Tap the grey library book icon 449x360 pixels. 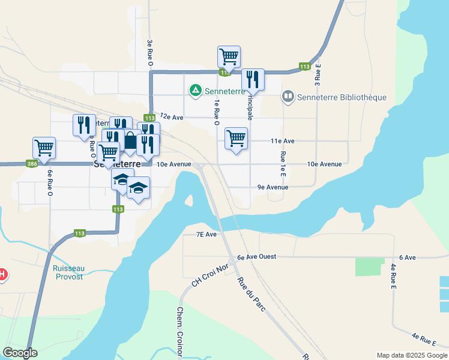(289, 96)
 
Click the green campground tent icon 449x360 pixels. (195, 91)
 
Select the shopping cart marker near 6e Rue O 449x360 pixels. (44, 147)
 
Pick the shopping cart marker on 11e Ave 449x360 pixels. (236, 138)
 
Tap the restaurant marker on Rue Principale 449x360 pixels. (253, 79)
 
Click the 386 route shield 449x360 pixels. (32, 163)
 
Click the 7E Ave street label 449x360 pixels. (206, 235)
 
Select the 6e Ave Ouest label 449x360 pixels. (256, 257)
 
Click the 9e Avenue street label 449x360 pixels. (273, 187)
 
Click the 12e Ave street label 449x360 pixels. (171, 118)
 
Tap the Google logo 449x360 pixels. (20, 353)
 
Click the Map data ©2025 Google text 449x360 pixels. (411, 355)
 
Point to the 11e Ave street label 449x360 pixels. (282, 141)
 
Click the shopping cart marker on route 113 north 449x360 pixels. (229, 57)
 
